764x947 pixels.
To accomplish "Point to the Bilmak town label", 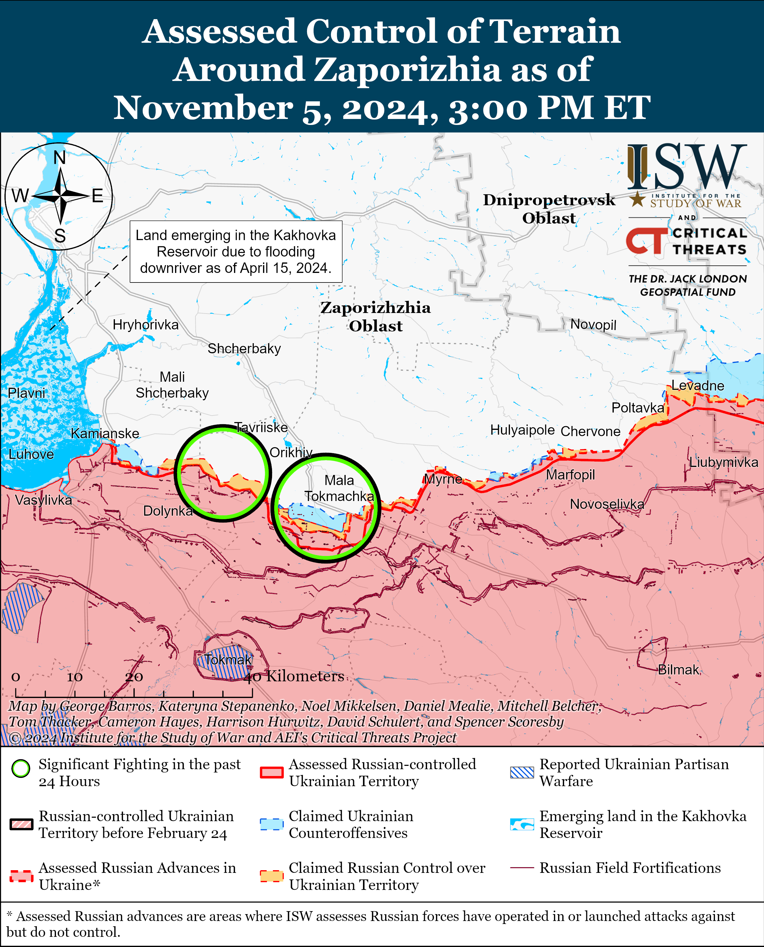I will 678,670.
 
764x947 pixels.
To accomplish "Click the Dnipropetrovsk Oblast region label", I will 549,209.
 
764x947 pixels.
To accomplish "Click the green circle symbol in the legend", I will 21,769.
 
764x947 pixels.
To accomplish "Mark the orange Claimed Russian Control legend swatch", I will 271,876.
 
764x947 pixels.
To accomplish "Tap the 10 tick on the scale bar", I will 75,677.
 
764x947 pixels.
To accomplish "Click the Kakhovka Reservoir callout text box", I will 236,251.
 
